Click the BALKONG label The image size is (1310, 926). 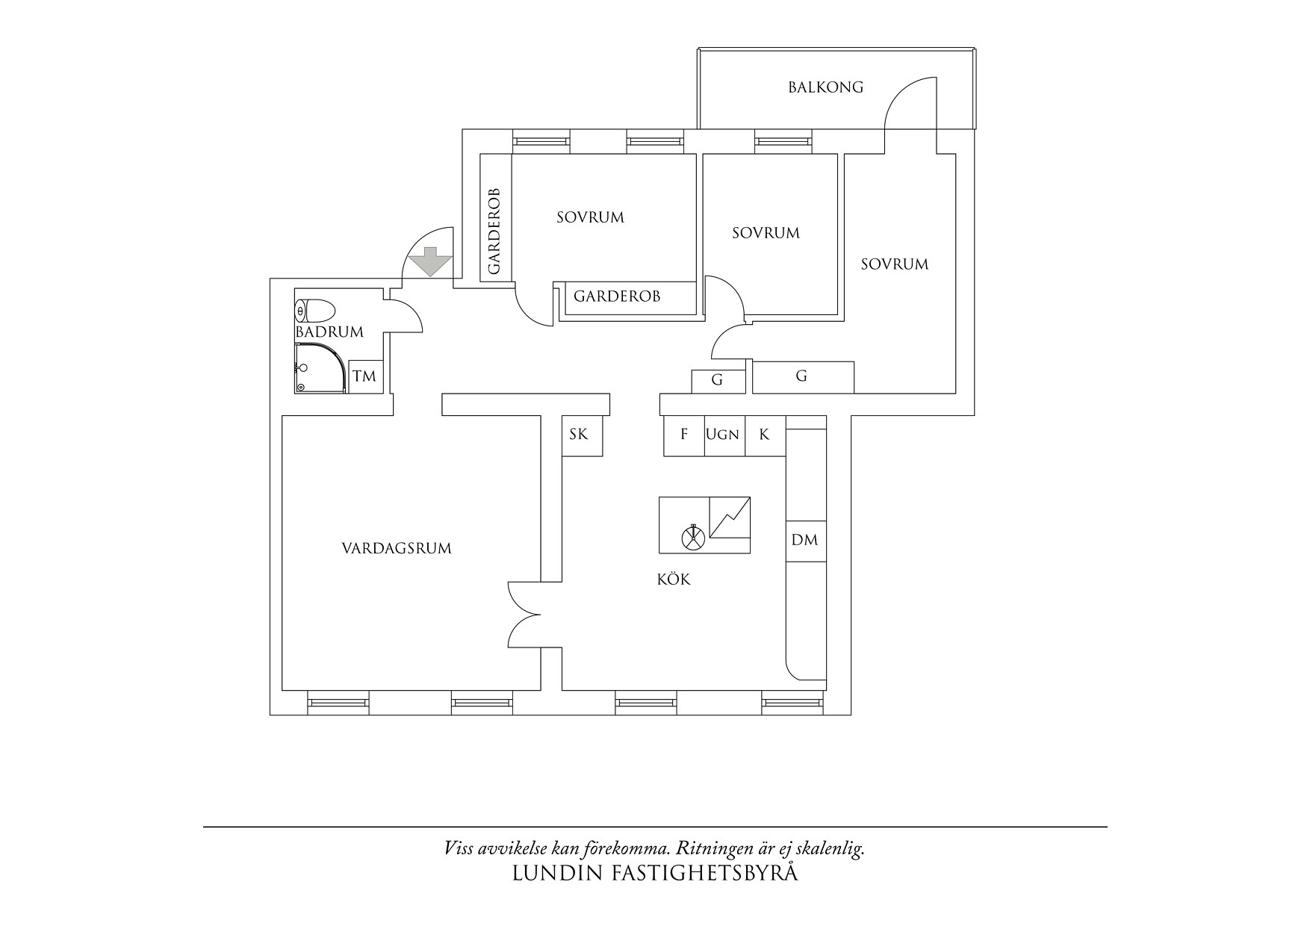pyautogui.click(x=825, y=87)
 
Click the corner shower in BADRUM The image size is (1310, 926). pyautogui.click(x=320, y=367)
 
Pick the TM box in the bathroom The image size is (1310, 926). pyautogui.click(x=365, y=376)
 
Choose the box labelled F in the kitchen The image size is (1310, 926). pyautogui.click(x=684, y=435)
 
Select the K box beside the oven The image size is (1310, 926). pyautogui.click(x=766, y=435)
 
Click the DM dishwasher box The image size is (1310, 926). pyautogui.click(x=806, y=541)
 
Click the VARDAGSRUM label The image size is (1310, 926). pyautogui.click(x=397, y=549)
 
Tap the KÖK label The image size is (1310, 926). pyautogui.click(x=674, y=579)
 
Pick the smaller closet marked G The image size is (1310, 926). pyautogui.click(x=718, y=381)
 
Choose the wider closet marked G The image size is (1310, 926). pyautogui.click(x=802, y=376)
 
